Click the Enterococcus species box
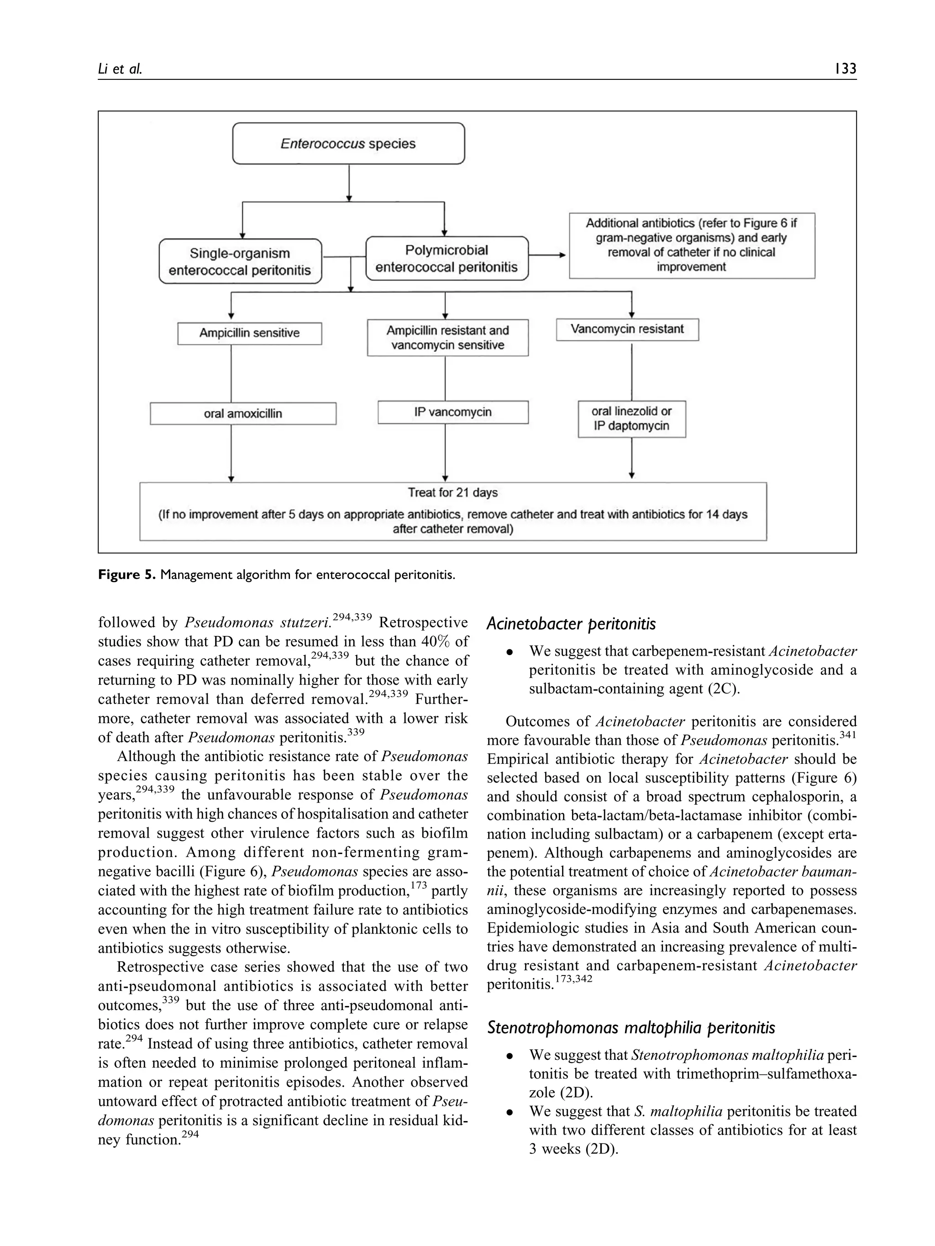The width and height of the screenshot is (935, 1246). click(348, 144)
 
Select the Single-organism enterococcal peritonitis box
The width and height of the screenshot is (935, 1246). click(240, 261)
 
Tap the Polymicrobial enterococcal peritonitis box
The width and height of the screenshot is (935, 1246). click(446, 259)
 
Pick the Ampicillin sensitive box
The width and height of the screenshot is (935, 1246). click(249, 333)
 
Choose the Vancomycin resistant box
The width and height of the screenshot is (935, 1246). click(627, 329)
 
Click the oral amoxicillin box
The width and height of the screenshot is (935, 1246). click(243, 413)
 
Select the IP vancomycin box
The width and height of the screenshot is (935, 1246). click(452, 412)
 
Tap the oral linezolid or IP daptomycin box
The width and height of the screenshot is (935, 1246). click(631, 418)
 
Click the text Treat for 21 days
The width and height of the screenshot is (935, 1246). click(452, 492)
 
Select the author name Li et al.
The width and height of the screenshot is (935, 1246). click(120, 69)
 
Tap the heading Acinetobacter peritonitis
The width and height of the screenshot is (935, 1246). click(571, 624)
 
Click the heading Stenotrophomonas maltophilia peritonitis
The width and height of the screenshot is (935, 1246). click(630, 1028)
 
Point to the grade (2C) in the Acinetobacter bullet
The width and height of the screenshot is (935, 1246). click(722, 689)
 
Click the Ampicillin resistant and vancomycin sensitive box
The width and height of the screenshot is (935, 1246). click(447, 338)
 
